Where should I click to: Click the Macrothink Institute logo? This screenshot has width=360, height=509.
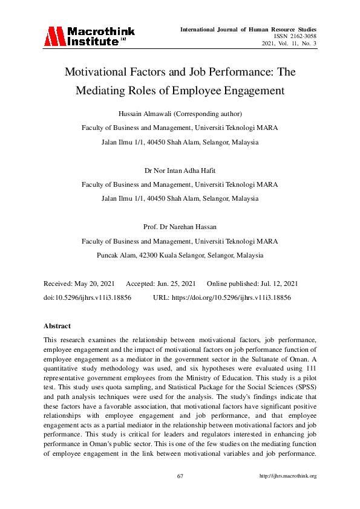tap(89, 36)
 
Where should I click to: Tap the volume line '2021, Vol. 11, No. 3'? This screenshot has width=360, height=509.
tap(289, 44)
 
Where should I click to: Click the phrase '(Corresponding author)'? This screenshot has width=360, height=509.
tap(208, 114)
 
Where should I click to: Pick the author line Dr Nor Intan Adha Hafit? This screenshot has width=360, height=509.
tap(180, 171)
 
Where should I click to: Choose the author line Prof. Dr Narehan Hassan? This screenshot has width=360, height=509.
tap(180, 227)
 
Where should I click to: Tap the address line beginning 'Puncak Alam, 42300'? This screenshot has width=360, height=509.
tap(180, 255)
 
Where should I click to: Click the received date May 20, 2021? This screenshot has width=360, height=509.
tap(93, 284)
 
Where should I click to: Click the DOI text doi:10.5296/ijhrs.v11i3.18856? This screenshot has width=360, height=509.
tap(87, 298)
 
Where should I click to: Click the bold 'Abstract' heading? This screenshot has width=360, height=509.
tap(57, 326)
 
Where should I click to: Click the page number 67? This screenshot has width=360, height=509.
tap(180, 476)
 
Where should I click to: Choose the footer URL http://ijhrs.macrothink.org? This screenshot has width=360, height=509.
tap(287, 476)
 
